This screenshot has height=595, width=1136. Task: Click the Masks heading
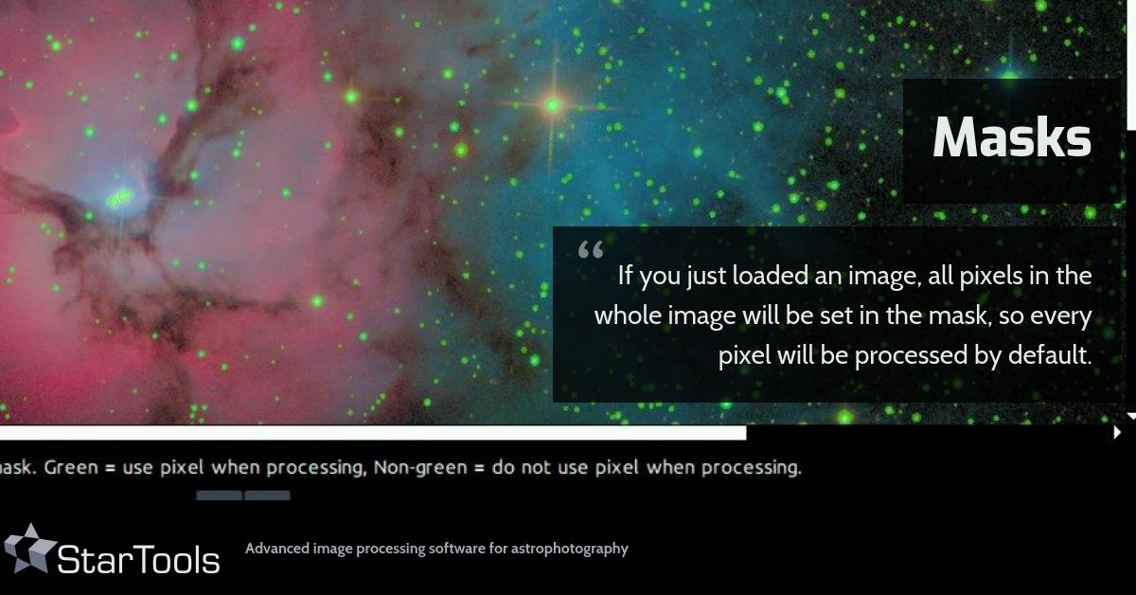1011,138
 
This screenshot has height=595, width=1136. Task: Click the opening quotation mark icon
590,251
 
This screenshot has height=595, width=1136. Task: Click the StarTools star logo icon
29,549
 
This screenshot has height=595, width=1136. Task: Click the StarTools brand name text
138,560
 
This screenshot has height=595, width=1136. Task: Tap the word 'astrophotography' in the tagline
574,549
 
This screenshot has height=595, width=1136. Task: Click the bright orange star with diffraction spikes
554,105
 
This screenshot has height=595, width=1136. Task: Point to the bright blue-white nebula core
120,198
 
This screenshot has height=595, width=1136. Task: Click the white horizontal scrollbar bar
373,433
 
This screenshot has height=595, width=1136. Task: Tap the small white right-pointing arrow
1118,433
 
